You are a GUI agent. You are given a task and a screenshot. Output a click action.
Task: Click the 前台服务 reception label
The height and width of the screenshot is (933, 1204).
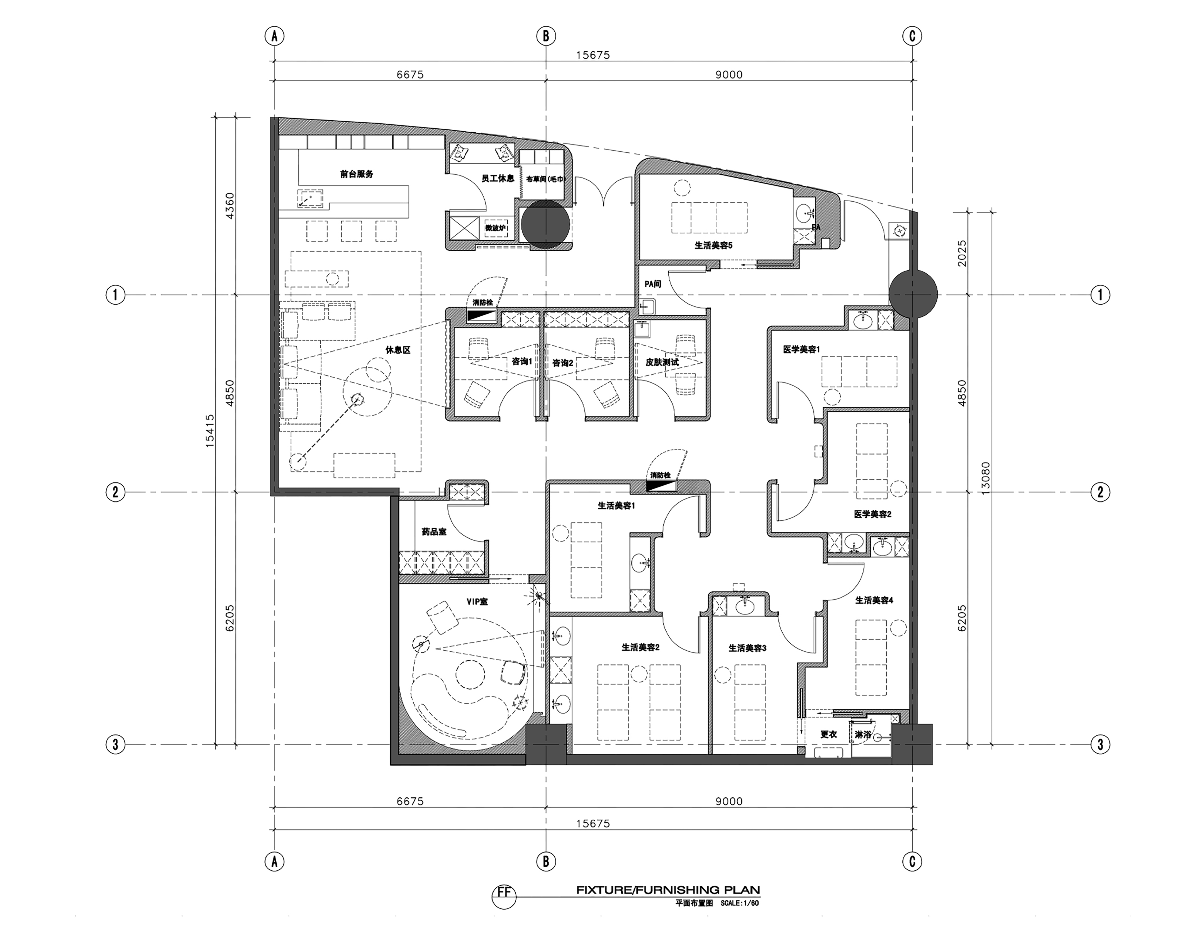pyautogui.click(x=357, y=174)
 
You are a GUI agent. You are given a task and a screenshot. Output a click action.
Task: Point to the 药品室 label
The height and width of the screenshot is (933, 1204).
pyautogui.click(x=434, y=532)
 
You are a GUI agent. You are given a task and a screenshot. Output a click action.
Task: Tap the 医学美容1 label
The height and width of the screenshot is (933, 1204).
pyautogui.click(x=802, y=350)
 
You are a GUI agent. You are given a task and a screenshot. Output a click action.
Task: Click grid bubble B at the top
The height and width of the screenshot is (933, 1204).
pyautogui.click(x=546, y=36)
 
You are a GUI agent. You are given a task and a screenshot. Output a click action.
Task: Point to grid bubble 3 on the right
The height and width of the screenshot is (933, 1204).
pyautogui.click(x=1100, y=744)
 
